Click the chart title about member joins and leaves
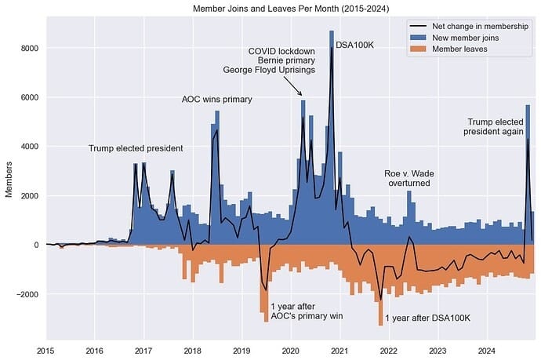pos(289,8)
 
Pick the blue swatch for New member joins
pos(421,37)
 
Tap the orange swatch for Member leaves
pos(421,48)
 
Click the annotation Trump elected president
pos(136,148)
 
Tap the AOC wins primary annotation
pos(217,100)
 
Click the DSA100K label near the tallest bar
pos(354,45)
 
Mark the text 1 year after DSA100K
pos(427,318)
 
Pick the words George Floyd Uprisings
pos(269,70)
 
